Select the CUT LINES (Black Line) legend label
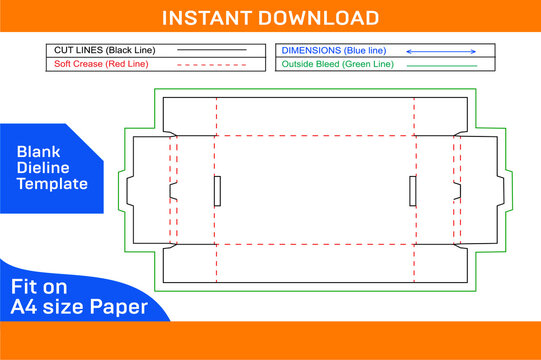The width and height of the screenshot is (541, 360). click(x=98, y=49)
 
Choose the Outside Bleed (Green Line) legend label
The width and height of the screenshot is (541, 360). click(x=337, y=64)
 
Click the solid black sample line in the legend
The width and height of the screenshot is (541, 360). click(x=211, y=49)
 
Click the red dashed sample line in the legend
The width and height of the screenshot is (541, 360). click(x=211, y=64)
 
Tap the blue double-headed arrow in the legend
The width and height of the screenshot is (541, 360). click(x=441, y=49)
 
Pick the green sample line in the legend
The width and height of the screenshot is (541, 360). click(x=441, y=65)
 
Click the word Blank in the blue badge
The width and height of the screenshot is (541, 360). click(x=38, y=151)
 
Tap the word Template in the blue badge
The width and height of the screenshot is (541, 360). click(x=52, y=184)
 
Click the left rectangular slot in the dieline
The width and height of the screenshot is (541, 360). click(x=217, y=189)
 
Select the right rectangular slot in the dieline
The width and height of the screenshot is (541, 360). click(x=413, y=189)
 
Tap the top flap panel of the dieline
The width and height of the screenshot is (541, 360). click(x=315, y=116)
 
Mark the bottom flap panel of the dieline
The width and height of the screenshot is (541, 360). click(x=315, y=263)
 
